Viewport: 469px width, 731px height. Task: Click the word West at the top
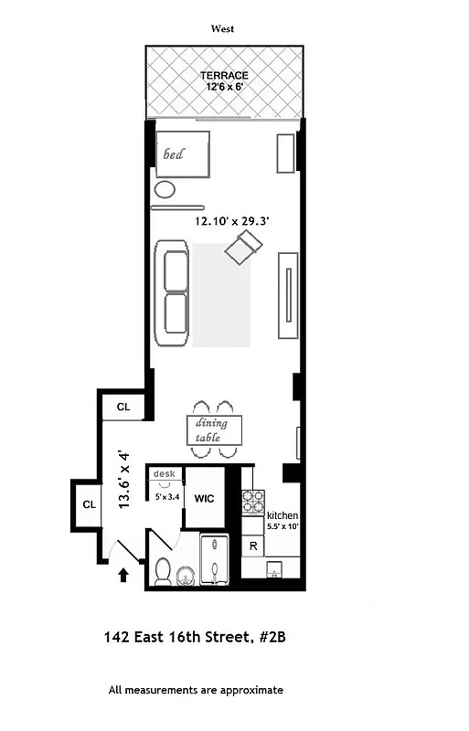coord(222,29)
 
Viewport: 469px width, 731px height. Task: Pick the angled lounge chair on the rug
coord(246,246)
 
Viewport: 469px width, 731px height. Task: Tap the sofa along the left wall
coord(172,292)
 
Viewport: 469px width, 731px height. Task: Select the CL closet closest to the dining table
coord(123,408)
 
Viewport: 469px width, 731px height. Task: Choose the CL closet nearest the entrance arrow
coord(90,504)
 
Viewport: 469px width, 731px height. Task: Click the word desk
coord(164,473)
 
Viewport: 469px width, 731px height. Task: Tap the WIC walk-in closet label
coord(206,500)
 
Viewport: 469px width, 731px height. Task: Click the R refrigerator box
coord(252,546)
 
